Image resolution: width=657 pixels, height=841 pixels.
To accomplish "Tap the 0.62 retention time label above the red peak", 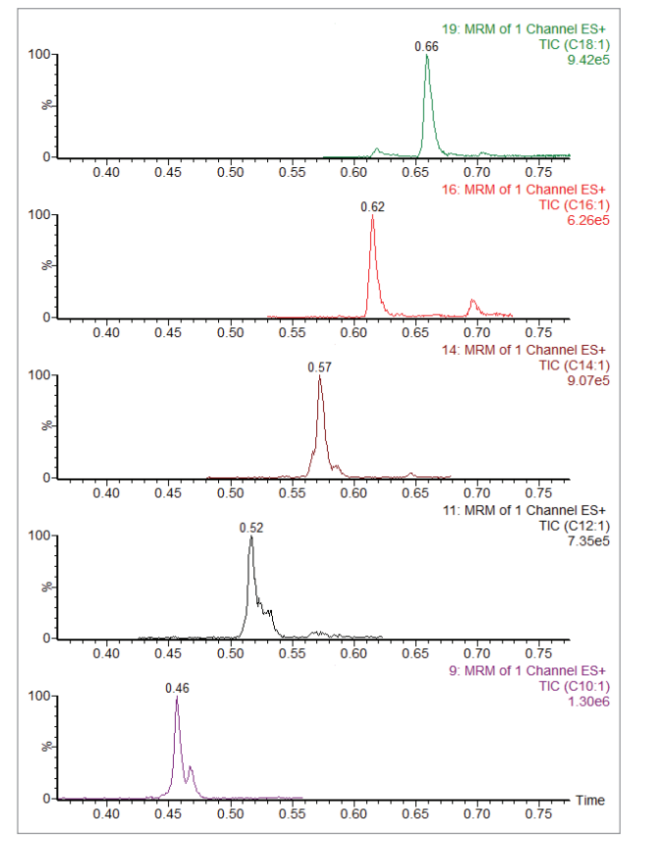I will click(x=372, y=207).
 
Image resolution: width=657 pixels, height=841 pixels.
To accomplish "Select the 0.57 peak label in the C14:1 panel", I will click(x=319, y=367).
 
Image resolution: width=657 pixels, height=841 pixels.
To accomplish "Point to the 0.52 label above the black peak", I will click(x=251, y=528).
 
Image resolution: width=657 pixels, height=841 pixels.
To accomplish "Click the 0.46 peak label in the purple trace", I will click(x=177, y=688).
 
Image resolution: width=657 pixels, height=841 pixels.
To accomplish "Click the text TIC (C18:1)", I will click(x=573, y=45).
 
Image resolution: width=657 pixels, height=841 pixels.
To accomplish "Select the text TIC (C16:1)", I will click(x=573, y=205).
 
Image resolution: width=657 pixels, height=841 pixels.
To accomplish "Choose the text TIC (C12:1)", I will click(x=573, y=526).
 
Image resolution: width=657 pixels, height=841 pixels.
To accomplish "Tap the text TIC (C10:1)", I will click(x=573, y=687).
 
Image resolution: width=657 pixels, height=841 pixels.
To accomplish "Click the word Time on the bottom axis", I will click(x=590, y=801).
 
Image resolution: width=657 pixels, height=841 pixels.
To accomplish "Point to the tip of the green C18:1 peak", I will click(x=427, y=56).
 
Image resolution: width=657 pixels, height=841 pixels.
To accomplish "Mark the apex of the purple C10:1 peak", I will click(x=177, y=698).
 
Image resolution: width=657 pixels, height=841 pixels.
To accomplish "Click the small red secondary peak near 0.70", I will click(x=473, y=301).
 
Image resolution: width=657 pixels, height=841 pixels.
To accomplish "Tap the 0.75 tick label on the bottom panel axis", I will click(x=538, y=815).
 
